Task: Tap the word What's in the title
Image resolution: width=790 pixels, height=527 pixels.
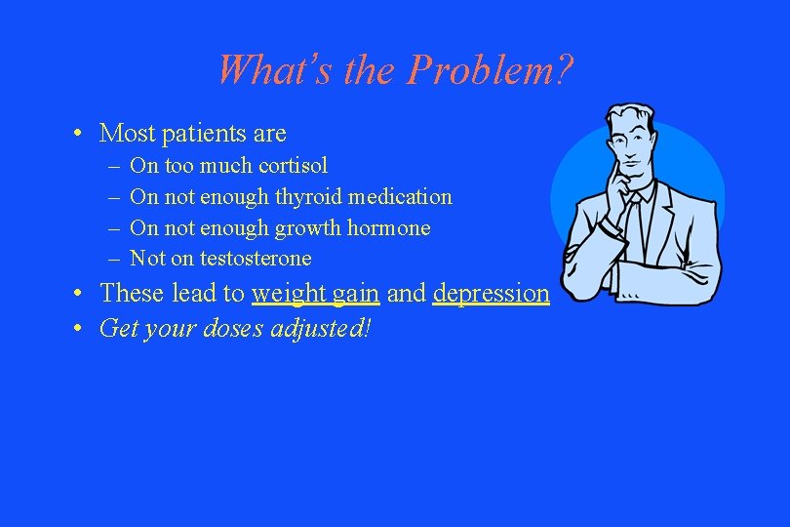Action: tap(261, 69)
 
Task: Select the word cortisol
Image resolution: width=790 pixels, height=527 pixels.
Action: tap(294, 166)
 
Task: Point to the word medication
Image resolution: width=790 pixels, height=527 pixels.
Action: tap(402, 197)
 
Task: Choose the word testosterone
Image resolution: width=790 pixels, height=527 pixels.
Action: tap(256, 259)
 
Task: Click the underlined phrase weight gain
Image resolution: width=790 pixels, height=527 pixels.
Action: tap(315, 294)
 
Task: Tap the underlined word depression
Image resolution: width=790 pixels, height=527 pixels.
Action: tap(492, 294)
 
